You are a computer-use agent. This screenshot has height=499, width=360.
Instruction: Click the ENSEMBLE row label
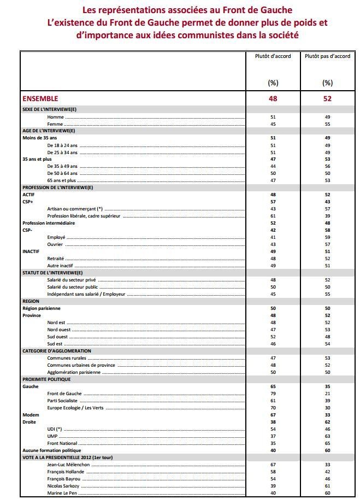(x=40, y=98)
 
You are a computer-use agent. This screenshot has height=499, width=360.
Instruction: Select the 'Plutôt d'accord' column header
(x=273, y=56)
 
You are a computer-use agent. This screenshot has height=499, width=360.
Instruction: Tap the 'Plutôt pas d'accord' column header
(x=327, y=56)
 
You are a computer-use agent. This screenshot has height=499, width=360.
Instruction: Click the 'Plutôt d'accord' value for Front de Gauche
(x=273, y=394)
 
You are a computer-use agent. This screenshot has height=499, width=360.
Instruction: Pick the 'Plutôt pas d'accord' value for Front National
(x=327, y=443)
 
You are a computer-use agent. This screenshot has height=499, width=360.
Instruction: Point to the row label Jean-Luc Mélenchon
(x=68, y=465)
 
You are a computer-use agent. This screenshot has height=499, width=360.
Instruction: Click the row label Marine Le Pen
(x=63, y=493)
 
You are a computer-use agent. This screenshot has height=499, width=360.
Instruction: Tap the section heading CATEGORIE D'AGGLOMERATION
(x=57, y=351)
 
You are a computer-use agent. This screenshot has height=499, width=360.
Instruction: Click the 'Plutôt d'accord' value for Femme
(x=273, y=124)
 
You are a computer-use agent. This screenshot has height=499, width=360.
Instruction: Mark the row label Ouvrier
(x=55, y=244)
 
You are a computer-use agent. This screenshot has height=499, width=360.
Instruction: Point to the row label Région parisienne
(x=42, y=308)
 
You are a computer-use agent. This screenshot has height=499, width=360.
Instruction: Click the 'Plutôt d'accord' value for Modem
(x=273, y=415)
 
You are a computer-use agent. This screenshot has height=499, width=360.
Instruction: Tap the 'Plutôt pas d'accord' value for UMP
(x=327, y=436)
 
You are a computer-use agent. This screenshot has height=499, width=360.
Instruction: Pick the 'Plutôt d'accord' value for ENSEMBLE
(x=273, y=98)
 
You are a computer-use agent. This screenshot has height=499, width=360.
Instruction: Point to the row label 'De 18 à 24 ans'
(x=62, y=145)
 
